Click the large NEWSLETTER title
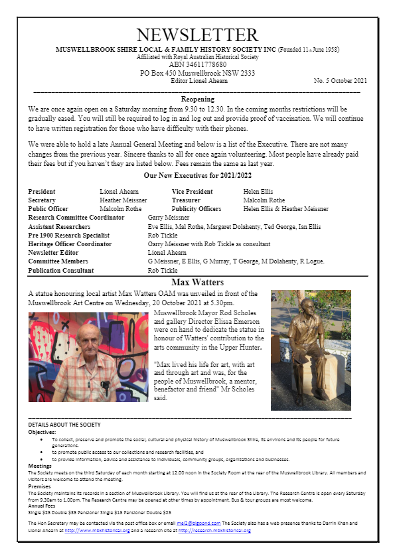[197, 35]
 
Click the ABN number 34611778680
[197, 65]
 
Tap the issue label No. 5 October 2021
[340, 81]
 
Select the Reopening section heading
[197, 99]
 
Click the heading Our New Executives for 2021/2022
[197, 176]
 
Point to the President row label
[42, 192]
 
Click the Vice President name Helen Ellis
[258, 192]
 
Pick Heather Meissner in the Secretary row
[123, 200]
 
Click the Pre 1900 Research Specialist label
[68, 236]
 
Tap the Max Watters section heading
[197, 282]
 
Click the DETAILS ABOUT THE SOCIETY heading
[64, 424]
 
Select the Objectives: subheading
[42, 431]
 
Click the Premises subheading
[40, 486]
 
